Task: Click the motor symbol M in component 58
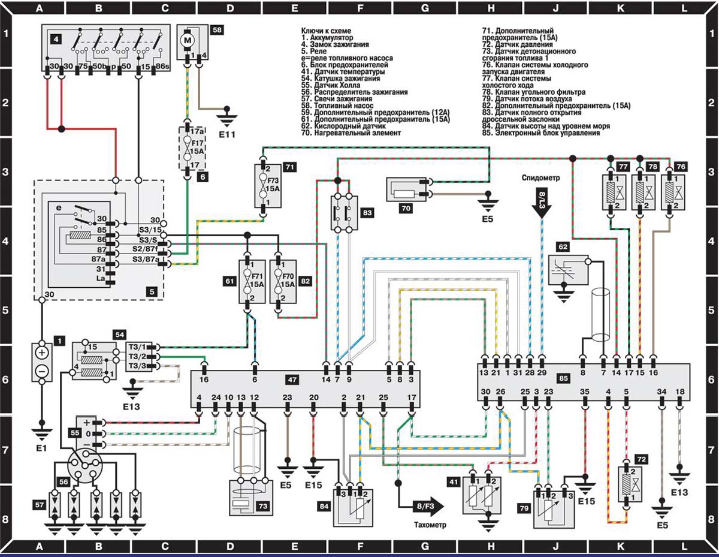click(188, 40)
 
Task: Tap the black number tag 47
click(292, 380)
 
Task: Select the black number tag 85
click(563, 378)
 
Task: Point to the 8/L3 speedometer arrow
click(542, 203)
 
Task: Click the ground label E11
click(227, 135)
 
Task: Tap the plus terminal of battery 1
click(42, 353)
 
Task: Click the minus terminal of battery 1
click(42, 371)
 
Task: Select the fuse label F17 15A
click(197, 147)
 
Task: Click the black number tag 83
click(367, 212)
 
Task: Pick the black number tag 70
click(406, 209)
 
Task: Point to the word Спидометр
click(540, 177)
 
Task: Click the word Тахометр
click(430, 525)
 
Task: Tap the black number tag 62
click(563, 246)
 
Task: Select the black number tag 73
click(262, 505)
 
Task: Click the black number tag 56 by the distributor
click(64, 482)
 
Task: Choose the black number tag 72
click(641, 459)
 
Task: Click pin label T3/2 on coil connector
click(137, 357)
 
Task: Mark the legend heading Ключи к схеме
click(326, 31)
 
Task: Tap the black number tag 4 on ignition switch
click(56, 40)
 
